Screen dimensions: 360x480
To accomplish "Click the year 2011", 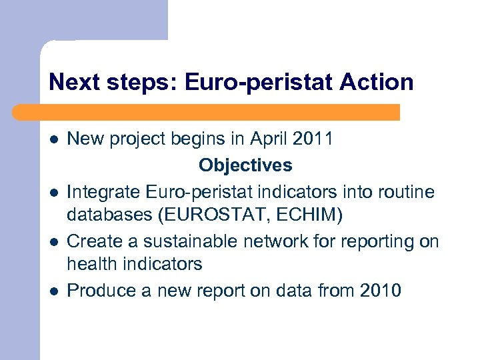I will [313, 139].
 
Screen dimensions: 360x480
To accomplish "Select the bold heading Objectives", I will [245, 165].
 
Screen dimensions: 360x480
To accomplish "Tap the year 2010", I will [380, 291].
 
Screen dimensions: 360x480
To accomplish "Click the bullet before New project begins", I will [54, 140].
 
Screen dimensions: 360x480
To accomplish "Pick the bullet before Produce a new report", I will [54, 291].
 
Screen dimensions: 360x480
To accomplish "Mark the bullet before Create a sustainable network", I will [54, 241].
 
